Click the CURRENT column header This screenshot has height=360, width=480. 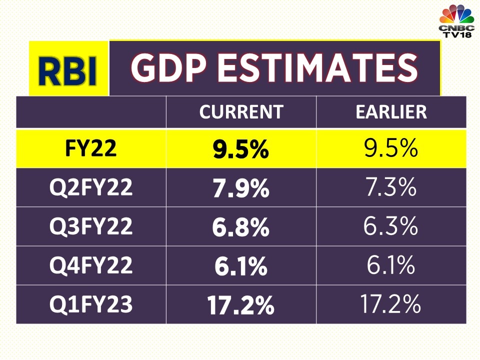(x=241, y=112)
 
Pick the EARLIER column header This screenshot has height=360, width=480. (x=391, y=112)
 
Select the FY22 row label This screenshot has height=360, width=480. (x=90, y=149)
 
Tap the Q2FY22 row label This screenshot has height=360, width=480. (x=90, y=187)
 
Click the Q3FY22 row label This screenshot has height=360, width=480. (x=90, y=226)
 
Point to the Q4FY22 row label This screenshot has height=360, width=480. (x=90, y=265)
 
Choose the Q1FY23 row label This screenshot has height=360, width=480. (x=90, y=304)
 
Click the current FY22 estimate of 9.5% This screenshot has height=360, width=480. (x=241, y=149)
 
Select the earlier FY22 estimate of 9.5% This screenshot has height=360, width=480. (x=391, y=149)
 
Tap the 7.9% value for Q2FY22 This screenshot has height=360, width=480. (x=241, y=188)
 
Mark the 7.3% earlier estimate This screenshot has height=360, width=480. (x=391, y=187)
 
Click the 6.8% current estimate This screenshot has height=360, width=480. (x=241, y=227)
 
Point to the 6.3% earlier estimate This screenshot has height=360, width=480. (x=391, y=226)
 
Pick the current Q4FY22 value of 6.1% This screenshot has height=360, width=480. (x=241, y=266)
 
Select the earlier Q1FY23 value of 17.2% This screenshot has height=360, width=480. (x=391, y=304)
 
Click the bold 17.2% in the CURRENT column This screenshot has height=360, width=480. (x=241, y=305)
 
